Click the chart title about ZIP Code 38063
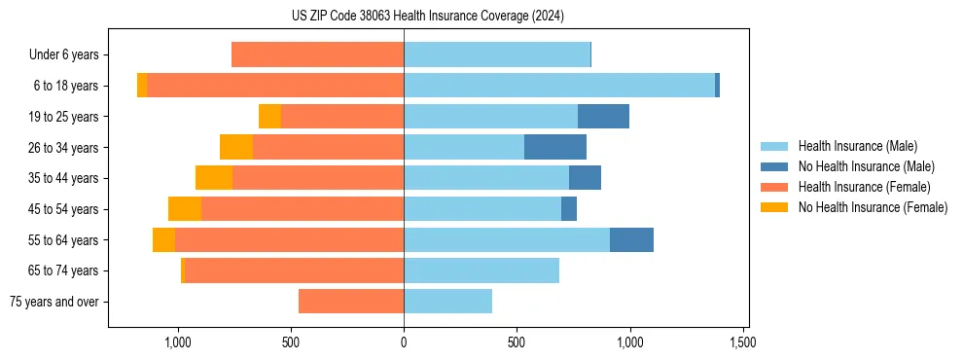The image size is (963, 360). click(x=427, y=16)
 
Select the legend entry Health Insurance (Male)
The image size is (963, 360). click(x=857, y=147)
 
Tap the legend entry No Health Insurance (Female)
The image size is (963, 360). click(x=873, y=207)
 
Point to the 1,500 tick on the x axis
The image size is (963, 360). click(x=743, y=343)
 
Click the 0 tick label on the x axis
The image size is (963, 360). click(x=404, y=343)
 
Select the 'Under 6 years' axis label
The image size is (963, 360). click(x=63, y=55)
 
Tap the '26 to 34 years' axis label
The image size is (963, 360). click(x=64, y=148)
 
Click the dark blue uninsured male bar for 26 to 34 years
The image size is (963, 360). click(x=555, y=147)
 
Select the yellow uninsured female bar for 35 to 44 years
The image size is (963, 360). click(x=214, y=178)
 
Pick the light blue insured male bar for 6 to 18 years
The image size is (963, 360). click(x=559, y=86)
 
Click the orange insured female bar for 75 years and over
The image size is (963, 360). click(x=351, y=302)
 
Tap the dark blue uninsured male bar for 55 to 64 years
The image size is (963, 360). click(x=631, y=239)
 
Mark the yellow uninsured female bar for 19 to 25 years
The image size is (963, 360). click(x=269, y=117)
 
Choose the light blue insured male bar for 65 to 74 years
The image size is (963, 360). click(x=481, y=270)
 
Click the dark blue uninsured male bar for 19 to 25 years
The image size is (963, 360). click(x=603, y=117)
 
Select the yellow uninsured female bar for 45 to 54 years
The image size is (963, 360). click(x=185, y=209)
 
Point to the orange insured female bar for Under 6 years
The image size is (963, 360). click(x=318, y=55)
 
